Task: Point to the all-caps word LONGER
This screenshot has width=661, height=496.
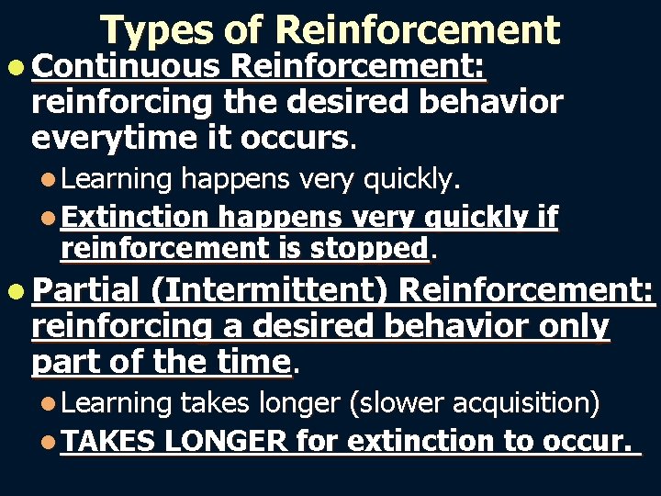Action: [226, 442]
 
